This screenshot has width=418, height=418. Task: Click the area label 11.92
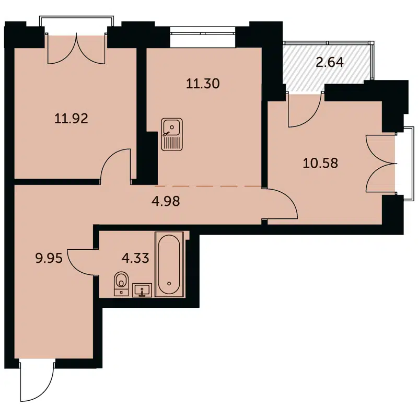click(x=71, y=118)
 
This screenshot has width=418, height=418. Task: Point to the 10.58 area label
click(x=320, y=163)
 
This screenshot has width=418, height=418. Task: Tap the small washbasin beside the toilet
click(x=142, y=289)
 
